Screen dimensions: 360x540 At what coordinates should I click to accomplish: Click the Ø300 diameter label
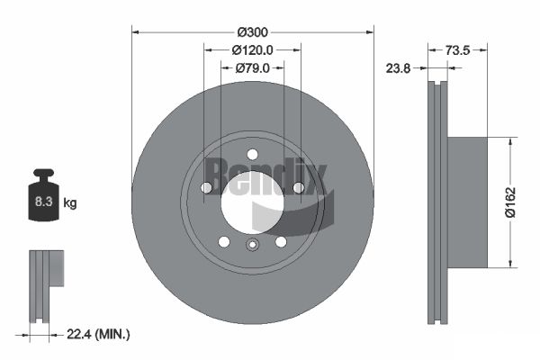click(x=252, y=22)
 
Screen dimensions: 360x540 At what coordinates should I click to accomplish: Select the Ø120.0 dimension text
click(x=252, y=50)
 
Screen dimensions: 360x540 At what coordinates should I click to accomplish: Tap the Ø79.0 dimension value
click(x=253, y=68)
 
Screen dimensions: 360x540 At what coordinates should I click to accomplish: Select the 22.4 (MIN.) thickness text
click(x=100, y=334)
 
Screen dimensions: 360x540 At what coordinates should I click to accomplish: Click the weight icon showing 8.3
click(x=43, y=202)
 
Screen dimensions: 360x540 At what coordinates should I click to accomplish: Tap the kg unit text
click(x=70, y=203)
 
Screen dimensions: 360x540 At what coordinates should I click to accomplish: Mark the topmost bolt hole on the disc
click(x=252, y=153)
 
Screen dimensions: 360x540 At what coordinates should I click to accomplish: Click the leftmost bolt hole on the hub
click(x=206, y=187)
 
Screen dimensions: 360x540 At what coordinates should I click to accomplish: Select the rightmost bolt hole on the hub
click(x=298, y=187)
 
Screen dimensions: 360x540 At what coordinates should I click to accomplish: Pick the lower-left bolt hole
click(x=223, y=241)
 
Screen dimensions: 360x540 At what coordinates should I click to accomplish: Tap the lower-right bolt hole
click(x=281, y=241)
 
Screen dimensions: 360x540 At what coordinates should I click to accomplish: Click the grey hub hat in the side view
click(x=467, y=202)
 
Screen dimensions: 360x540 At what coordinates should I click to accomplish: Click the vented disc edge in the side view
click(x=436, y=202)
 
